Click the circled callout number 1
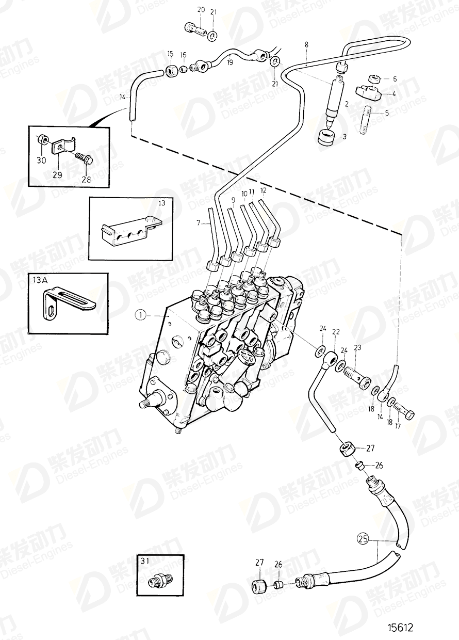[141, 313]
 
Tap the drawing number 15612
[401, 628]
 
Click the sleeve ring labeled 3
[326, 138]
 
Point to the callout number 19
[229, 63]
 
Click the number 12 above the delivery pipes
[264, 191]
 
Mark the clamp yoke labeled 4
[367, 94]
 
